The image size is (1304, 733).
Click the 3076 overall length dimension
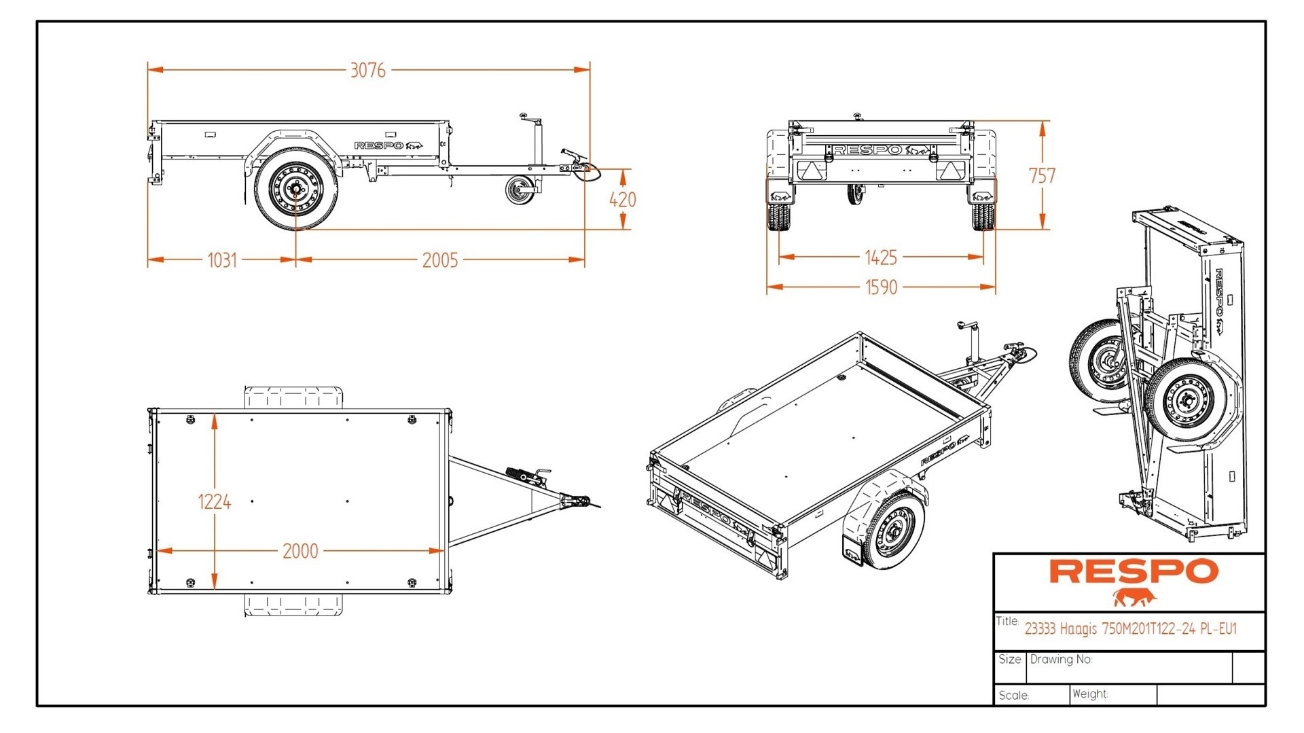coord(367,70)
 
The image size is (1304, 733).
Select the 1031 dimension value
coord(222,260)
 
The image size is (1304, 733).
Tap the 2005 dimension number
coord(440,260)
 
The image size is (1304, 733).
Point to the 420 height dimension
coord(622,200)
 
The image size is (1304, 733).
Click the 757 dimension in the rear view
coord(1042,176)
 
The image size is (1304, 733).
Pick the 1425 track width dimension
coord(881,257)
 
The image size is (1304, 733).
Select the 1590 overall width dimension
coord(881,287)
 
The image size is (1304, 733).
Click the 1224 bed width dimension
coord(214,502)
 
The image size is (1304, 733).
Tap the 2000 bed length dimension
coord(300,551)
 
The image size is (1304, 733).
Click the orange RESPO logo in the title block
coord(1134,571)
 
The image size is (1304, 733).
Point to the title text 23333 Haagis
coord(1130,629)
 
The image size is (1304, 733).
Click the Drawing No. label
coord(1061,660)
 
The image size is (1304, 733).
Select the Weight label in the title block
coord(1090,694)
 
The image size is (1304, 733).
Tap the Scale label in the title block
coord(1013,696)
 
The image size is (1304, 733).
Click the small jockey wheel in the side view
coord(521,190)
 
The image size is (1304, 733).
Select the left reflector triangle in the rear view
coord(809,173)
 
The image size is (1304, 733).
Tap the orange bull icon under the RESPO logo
coord(1134,598)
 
